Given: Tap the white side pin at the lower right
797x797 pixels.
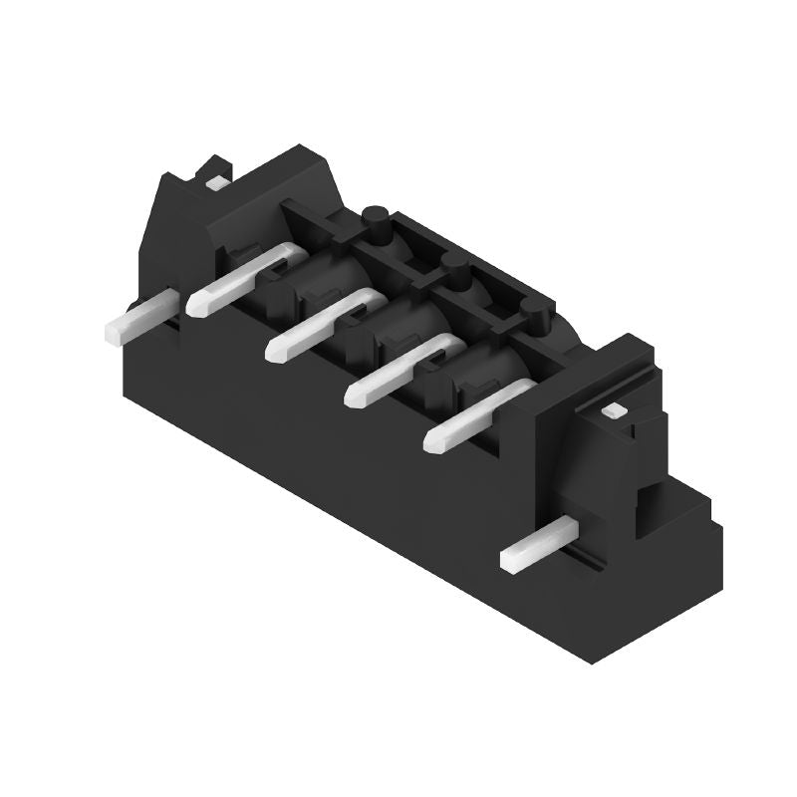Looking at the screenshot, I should [538, 547].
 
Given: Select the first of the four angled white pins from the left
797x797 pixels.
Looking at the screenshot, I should [239, 279].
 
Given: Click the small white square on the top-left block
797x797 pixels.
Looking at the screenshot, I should [213, 182].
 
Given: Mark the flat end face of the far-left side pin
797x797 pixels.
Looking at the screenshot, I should [113, 332].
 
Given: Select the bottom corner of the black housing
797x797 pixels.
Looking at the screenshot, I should [594, 662].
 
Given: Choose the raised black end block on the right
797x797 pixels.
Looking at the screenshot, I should [598, 428].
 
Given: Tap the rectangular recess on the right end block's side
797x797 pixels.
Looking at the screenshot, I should [649, 508].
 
